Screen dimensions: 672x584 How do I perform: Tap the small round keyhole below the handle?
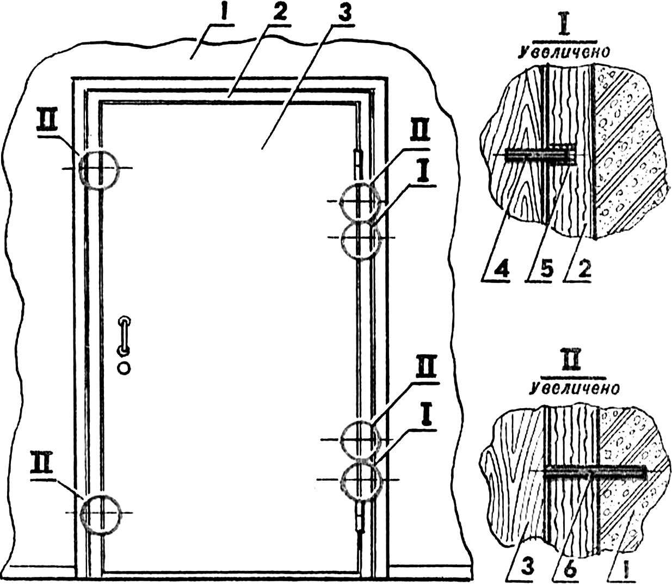coord(124,367)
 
